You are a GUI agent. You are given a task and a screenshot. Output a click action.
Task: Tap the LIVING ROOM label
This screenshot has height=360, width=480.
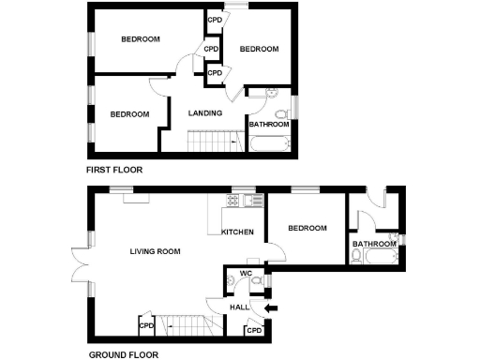pyautogui.click(x=155, y=251)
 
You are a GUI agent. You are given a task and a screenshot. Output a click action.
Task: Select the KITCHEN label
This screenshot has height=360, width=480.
pyautogui.click(x=236, y=232)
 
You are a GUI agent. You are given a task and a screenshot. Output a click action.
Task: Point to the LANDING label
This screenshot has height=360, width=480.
pyautogui.click(x=205, y=113)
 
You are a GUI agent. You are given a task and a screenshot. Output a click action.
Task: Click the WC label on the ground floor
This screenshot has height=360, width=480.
pyautogui.click(x=247, y=274)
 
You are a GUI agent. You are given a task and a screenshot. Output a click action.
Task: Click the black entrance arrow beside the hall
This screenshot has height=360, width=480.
pyautogui.click(x=272, y=307)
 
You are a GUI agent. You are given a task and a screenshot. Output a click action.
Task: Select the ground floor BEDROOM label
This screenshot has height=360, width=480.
pyautogui.click(x=307, y=229)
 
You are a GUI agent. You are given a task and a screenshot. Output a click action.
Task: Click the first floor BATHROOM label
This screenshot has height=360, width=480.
pyautogui.click(x=267, y=123)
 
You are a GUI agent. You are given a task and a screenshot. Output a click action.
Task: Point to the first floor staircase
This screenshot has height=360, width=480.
pyautogui.click(x=211, y=142)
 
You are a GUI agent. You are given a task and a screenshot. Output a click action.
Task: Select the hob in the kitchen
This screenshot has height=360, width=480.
pyautogui.click(x=248, y=200)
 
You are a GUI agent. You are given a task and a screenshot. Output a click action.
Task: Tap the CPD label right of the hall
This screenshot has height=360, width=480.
pyautogui.click(x=253, y=331)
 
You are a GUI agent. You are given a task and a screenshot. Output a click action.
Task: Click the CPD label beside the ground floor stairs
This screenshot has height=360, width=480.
pyautogui.click(x=146, y=326)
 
